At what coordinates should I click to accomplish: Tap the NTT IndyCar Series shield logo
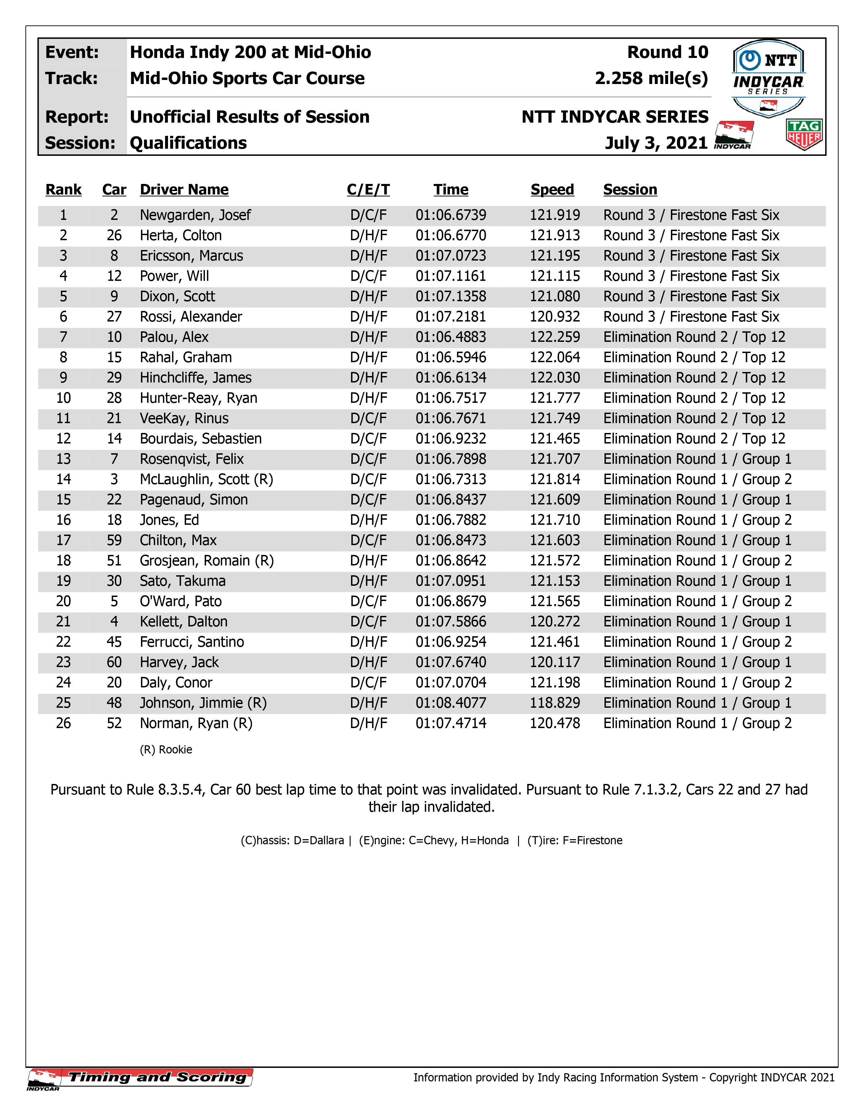[x=769, y=77]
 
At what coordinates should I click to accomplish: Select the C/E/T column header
[x=368, y=189]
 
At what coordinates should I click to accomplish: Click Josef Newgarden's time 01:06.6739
[x=450, y=215]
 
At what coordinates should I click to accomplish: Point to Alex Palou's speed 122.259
[x=555, y=337]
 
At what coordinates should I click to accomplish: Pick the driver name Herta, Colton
[x=181, y=235]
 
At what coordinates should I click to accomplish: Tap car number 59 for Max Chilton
[x=114, y=540]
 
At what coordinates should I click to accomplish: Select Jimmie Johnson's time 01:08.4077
[x=450, y=703]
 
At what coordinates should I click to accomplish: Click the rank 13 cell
[x=63, y=459]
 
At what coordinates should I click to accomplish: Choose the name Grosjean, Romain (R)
[x=207, y=561]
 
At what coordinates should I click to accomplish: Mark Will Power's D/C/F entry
[x=368, y=276]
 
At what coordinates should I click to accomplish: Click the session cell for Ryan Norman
[x=697, y=723]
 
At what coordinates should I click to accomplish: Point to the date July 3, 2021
[x=656, y=143]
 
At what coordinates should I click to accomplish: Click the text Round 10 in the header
[x=667, y=52]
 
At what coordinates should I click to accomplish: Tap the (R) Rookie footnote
[x=166, y=749]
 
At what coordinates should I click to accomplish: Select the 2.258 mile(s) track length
[x=652, y=78]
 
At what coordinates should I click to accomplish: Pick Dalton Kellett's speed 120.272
[x=555, y=621]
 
